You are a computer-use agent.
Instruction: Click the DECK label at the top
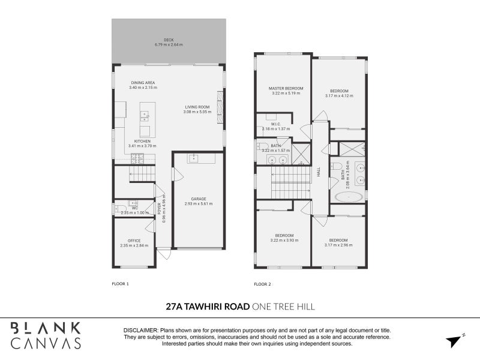(169, 40)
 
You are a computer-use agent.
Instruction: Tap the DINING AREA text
(143, 83)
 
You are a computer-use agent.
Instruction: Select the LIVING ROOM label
(197, 107)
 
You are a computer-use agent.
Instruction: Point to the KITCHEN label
(142, 141)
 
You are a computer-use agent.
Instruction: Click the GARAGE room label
(199, 199)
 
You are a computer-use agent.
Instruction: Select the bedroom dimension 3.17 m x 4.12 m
(338, 95)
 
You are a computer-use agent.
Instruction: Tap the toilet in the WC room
(118, 209)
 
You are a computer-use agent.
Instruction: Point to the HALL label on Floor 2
(319, 171)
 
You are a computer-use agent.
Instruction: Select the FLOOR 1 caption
(121, 283)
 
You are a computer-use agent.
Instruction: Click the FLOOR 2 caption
(262, 283)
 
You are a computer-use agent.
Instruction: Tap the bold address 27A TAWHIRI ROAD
(208, 307)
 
